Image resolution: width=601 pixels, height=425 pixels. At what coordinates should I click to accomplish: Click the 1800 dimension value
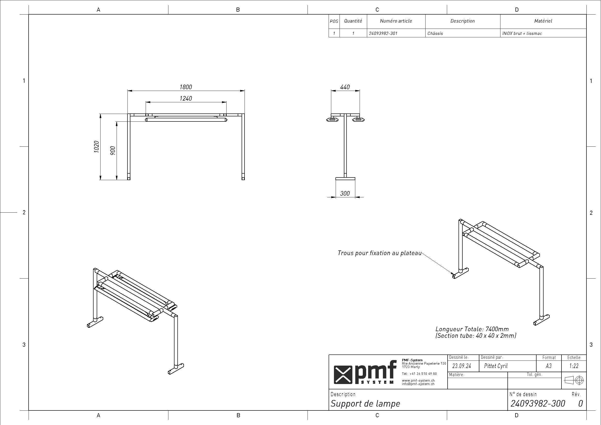(x=186, y=87)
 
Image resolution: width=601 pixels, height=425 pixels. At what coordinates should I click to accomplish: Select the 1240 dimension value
(x=186, y=98)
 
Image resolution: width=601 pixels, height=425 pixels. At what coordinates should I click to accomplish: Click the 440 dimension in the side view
(x=345, y=87)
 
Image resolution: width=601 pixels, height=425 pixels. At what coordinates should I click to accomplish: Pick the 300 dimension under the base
(x=345, y=193)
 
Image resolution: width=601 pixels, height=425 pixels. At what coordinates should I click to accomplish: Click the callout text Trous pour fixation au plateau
(x=380, y=253)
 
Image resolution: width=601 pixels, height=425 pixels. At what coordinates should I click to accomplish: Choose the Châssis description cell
(x=435, y=33)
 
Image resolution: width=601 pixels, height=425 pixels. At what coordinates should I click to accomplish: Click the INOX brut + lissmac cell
(x=522, y=33)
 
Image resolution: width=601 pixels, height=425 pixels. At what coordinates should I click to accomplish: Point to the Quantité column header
(x=353, y=21)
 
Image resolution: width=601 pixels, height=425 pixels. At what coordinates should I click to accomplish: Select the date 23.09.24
(x=462, y=366)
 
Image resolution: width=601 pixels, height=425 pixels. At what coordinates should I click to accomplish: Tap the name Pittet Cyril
(x=496, y=366)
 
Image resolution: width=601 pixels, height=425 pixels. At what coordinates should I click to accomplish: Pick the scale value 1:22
(x=574, y=366)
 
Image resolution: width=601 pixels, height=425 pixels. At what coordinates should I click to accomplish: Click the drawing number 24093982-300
(x=538, y=403)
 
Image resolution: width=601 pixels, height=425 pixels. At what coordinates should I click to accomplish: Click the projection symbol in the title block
(x=574, y=380)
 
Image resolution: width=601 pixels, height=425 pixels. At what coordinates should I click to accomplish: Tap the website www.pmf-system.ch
(x=418, y=380)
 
